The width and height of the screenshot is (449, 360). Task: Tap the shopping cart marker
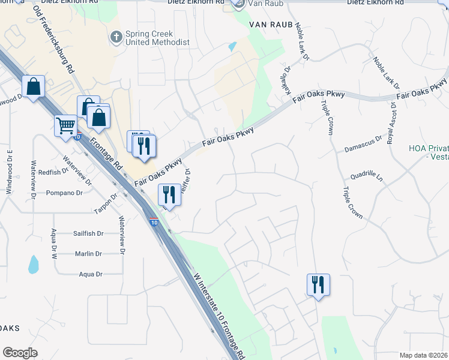[65, 126]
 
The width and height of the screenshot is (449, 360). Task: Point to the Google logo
[20, 353]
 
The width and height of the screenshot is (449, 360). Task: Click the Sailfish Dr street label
[88, 233]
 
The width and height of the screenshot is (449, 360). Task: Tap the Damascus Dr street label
[364, 147]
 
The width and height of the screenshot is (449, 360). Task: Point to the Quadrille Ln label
[366, 177]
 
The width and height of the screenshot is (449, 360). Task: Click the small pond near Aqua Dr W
[34, 263]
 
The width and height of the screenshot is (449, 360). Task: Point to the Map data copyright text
[424, 355]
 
